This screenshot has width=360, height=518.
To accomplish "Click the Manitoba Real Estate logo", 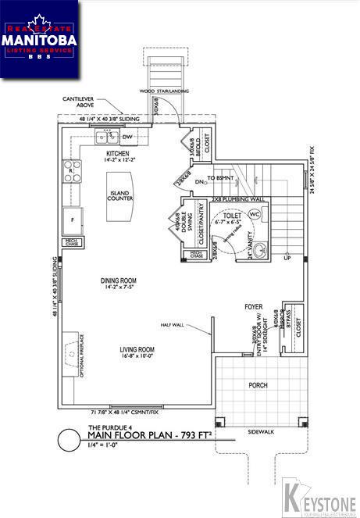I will [40, 38].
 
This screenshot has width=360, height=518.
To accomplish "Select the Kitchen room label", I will [118, 154].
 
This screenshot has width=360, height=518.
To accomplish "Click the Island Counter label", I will [120, 195].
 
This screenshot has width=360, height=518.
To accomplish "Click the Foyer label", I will [251, 307].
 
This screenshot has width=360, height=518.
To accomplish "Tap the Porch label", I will [258, 385].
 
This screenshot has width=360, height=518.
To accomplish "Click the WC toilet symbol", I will [255, 215].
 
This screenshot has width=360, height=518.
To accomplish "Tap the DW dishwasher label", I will [128, 137].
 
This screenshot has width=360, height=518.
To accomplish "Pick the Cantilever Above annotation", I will [81, 102].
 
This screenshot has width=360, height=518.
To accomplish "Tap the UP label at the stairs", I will [287, 258].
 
